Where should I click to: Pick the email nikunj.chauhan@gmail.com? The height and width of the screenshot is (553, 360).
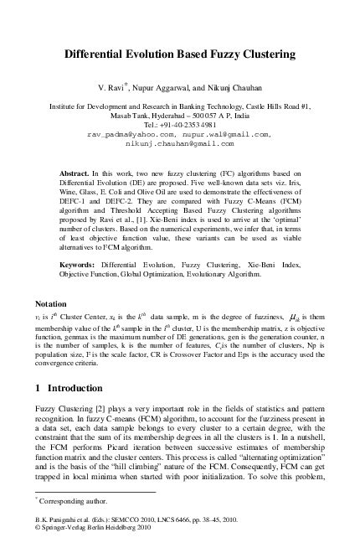180,142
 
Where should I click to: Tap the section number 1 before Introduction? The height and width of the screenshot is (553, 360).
39,389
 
